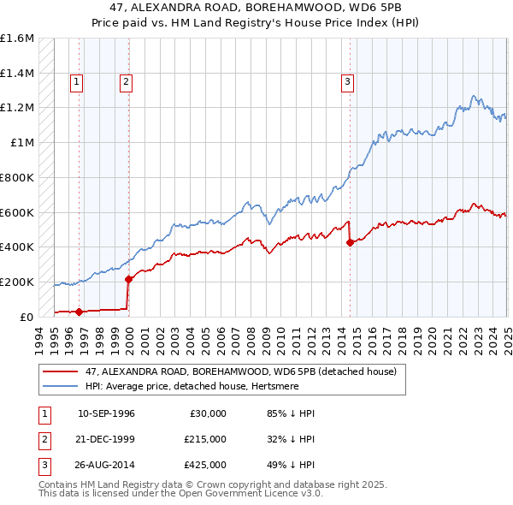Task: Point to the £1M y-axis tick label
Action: (x=23, y=142)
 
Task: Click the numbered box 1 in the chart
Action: (x=77, y=82)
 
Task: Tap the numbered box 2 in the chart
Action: (x=126, y=82)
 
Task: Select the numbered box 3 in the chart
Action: (x=348, y=82)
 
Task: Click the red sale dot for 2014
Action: (x=350, y=243)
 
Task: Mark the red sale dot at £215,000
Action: (x=128, y=279)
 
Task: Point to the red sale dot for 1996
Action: (x=79, y=312)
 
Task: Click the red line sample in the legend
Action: (x=62, y=372)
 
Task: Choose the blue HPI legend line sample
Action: (x=62, y=387)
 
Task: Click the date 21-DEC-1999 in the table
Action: (x=106, y=439)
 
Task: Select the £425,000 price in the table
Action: (x=204, y=466)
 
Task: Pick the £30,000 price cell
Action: (x=207, y=413)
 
